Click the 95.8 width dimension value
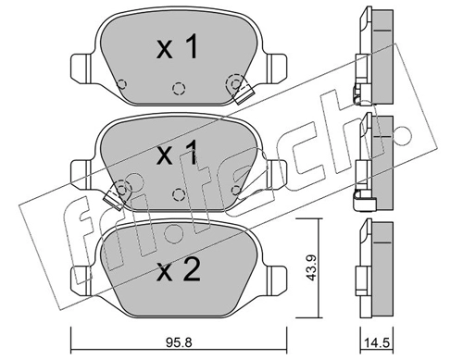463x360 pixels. point(179,341)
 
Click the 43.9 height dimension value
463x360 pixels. point(311,267)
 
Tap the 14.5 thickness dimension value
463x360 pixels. point(377,342)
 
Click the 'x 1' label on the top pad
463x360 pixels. point(177,46)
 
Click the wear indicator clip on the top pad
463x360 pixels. point(244,93)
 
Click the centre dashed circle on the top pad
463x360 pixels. point(179,89)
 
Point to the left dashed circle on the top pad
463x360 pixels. point(122,84)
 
